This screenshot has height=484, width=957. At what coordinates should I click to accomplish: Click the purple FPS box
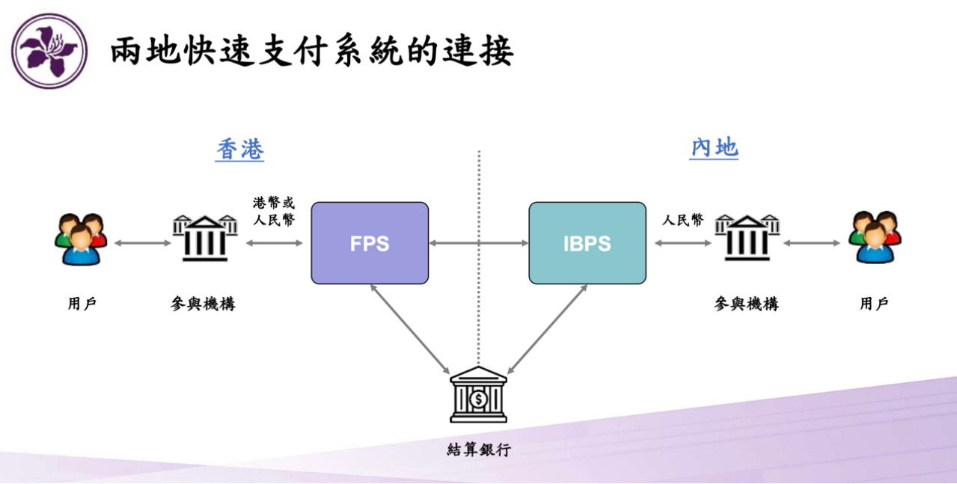[370, 243]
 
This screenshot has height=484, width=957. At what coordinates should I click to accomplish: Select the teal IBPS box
[587, 243]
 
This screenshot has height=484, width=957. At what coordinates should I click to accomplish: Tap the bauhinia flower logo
[49, 51]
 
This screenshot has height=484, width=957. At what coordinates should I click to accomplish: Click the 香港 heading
[239, 149]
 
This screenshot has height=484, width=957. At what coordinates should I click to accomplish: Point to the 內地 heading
[714, 148]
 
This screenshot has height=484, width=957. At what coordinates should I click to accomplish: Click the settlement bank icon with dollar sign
[479, 395]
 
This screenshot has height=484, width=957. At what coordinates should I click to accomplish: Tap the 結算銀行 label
[479, 450]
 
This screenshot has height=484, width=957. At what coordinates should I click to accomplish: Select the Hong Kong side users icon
[81, 239]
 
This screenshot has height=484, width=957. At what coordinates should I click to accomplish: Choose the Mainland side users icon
[875, 237]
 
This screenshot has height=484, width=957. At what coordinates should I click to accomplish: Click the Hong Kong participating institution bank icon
[205, 238]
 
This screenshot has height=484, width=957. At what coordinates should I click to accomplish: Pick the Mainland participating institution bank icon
[747, 238]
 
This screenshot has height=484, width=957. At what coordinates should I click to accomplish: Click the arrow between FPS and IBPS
[479, 243]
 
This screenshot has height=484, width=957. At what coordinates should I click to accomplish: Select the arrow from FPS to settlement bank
[410, 329]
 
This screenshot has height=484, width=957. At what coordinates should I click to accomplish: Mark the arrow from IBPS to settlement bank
[547, 329]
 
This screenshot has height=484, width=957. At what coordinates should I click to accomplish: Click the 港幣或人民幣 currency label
[274, 212]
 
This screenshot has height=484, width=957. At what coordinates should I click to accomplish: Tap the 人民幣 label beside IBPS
[682, 220]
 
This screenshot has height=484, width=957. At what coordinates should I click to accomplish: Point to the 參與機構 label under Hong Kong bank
[203, 304]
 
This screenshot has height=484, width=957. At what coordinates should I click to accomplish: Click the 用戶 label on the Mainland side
[874, 304]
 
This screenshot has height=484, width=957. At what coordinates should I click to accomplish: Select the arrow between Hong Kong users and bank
[143, 243]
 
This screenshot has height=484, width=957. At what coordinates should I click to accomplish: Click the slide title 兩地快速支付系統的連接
[312, 51]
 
